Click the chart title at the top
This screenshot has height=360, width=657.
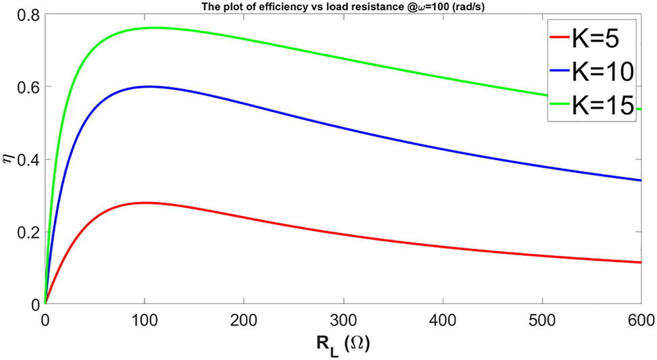(x=343, y=6)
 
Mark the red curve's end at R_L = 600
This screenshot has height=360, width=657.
(x=640, y=262)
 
